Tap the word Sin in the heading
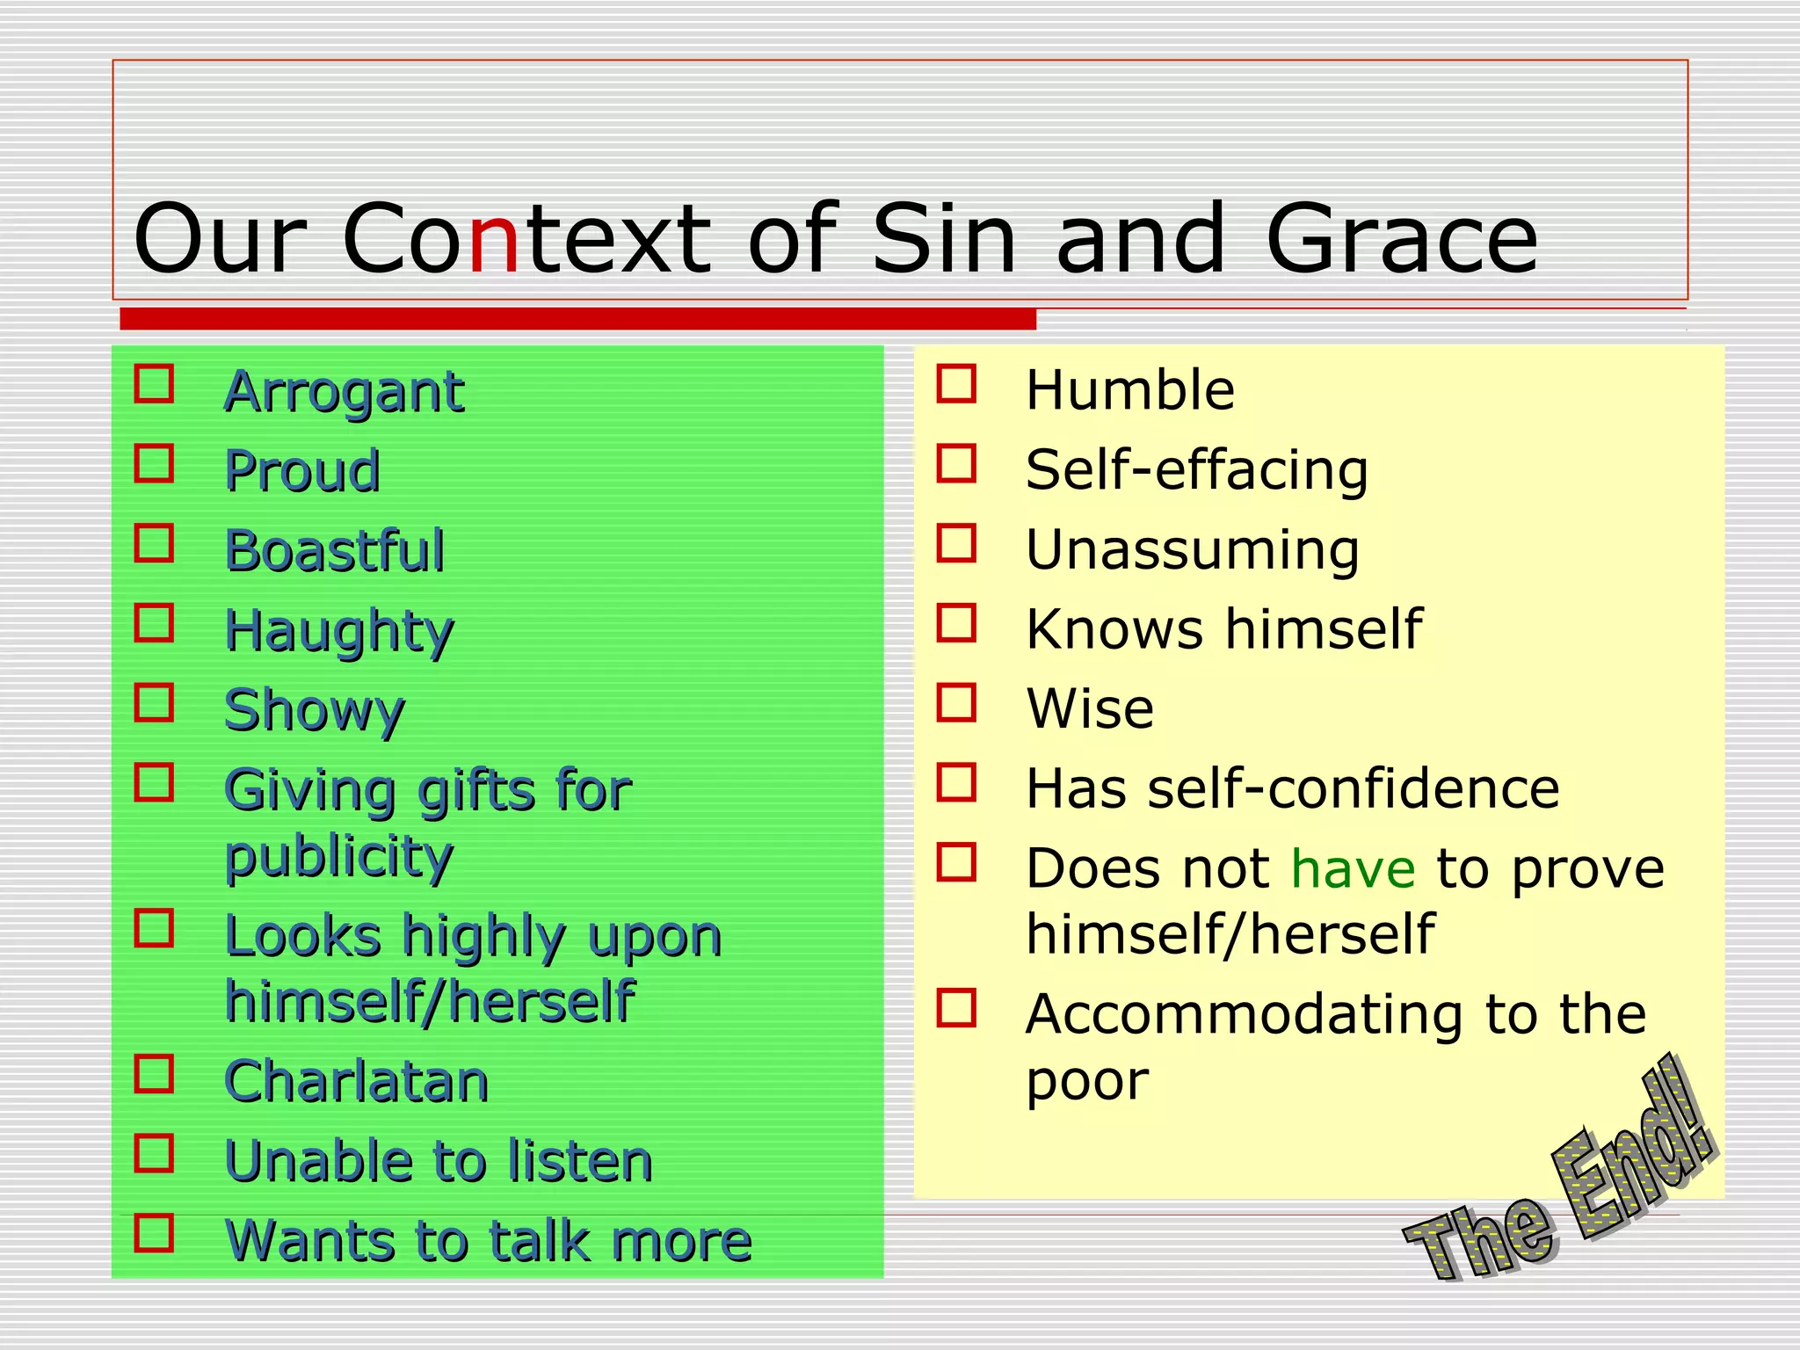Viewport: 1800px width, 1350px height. (x=944, y=240)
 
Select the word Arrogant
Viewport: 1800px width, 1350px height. (x=344, y=392)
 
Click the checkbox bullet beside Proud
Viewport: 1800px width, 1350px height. (x=154, y=463)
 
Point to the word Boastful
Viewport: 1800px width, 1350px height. (x=335, y=551)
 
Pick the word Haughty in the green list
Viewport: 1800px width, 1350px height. (x=339, y=632)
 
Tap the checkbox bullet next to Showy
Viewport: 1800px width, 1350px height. (x=154, y=702)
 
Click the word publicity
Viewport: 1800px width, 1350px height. (x=339, y=857)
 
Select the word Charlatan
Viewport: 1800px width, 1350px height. (x=357, y=1081)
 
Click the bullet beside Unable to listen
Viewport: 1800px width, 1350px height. (x=154, y=1153)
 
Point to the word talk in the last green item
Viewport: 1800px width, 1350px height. (x=538, y=1241)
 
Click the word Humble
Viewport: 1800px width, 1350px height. (x=1130, y=390)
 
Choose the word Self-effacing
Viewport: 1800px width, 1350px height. (x=1197, y=470)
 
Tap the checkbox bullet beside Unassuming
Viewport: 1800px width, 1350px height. (x=956, y=543)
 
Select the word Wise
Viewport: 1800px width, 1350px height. (x=1090, y=708)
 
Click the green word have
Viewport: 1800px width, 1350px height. (x=1353, y=869)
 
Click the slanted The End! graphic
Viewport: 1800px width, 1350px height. (x=1560, y=1178)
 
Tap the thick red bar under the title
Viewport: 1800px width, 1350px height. (x=577, y=319)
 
